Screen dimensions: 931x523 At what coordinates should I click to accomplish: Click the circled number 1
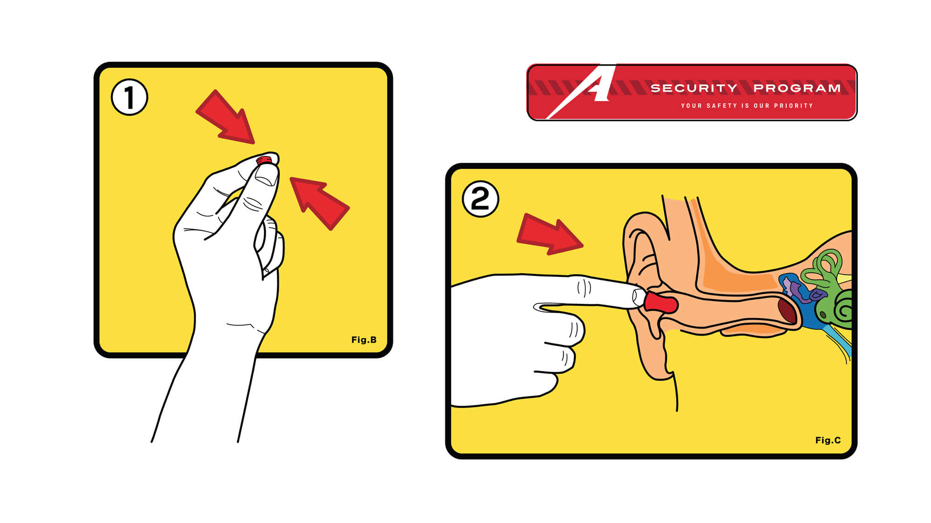point(129,97)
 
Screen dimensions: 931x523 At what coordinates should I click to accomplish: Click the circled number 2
point(480,199)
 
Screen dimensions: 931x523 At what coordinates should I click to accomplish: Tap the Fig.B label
point(364,340)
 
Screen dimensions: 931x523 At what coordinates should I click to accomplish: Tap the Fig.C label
point(828,440)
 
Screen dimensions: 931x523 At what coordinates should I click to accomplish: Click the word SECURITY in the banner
point(694,88)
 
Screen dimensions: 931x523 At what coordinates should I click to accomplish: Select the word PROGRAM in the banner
point(797,88)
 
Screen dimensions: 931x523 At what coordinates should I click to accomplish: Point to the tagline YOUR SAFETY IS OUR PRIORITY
point(747,106)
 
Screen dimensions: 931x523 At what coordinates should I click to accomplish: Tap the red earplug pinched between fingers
point(264,161)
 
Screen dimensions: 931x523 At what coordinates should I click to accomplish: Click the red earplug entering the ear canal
point(661,302)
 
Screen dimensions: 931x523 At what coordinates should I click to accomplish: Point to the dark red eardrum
point(787,310)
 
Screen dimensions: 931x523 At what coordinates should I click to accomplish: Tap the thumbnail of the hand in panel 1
point(266,175)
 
